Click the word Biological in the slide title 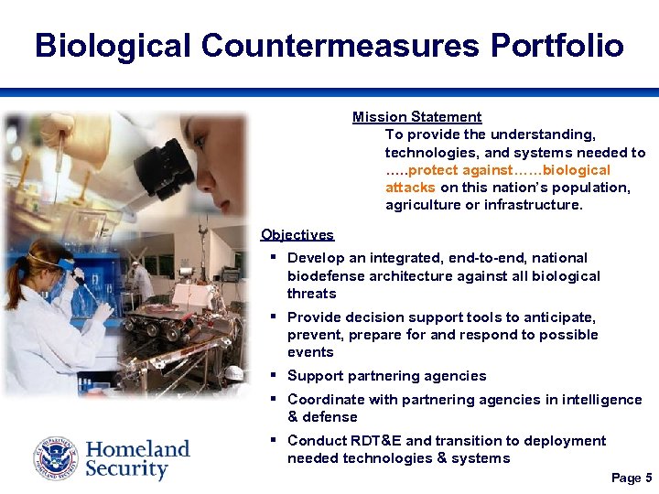click(x=113, y=45)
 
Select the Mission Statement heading click(x=416, y=117)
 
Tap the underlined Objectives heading click(x=297, y=235)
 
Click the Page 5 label click(x=631, y=478)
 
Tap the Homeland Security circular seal click(x=56, y=459)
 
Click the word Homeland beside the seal click(x=137, y=449)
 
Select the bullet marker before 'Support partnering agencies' click(x=274, y=375)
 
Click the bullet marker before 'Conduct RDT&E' click(x=274, y=440)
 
